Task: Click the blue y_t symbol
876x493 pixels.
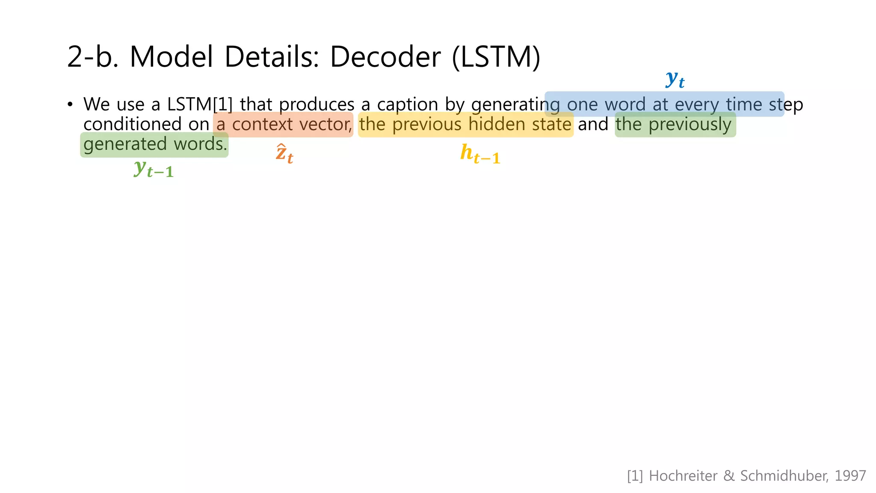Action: (x=675, y=80)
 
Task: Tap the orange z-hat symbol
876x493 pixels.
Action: (x=284, y=154)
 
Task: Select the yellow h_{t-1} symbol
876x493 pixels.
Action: (x=480, y=154)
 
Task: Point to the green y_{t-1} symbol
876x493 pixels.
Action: (x=154, y=169)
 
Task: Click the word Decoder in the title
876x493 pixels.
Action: (x=385, y=57)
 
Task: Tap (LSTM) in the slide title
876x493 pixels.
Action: (x=496, y=57)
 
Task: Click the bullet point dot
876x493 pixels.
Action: (x=70, y=104)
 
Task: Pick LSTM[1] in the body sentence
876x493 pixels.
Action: (x=200, y=104)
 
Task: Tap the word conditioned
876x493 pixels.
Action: (x=133, y=125)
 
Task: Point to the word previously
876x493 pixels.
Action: (x=690, y=125)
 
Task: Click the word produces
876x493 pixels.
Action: (x=317, y=104)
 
